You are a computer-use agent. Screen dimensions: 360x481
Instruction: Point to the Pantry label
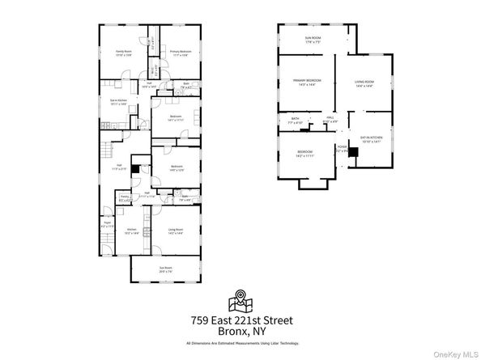[126, 197]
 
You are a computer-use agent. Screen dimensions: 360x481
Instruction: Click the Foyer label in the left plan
[107, 225]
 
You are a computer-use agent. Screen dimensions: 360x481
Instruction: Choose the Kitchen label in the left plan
[132, 231]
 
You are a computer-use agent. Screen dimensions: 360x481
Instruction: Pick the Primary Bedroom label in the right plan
[307, 83]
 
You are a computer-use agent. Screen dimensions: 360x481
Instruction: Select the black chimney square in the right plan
[353, 152]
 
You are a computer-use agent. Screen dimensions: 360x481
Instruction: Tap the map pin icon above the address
[240, 300]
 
